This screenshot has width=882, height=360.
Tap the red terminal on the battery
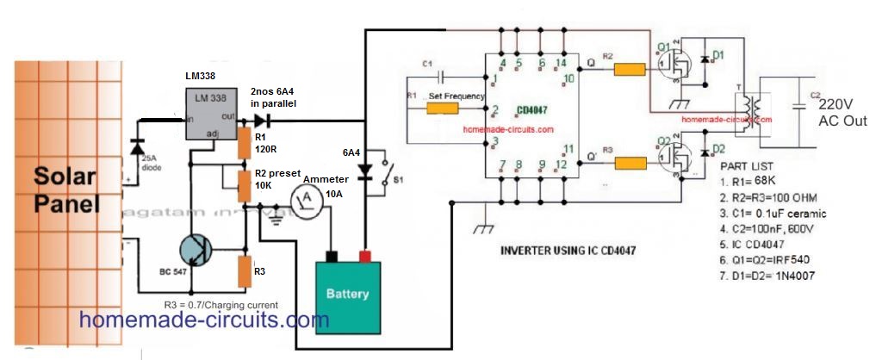tap(365, 255)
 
